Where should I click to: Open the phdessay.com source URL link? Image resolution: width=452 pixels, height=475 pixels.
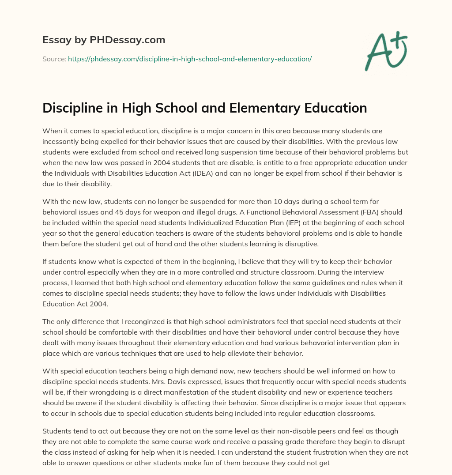point(190,59)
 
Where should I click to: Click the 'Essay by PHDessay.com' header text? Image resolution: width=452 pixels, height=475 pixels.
point(104,40)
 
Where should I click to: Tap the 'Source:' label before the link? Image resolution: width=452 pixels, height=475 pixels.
point(54,59)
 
